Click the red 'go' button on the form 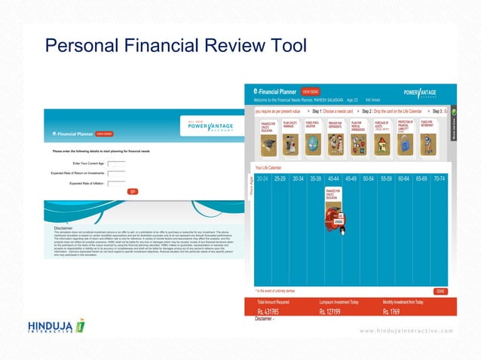(x=133, y=191)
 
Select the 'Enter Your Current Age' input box (x=116, y=163)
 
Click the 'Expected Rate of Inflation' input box (x=116, y=183)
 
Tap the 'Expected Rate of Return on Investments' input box (x=116, y=173)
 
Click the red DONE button (x=440, y=291)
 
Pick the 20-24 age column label (x=262, y=179)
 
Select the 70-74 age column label (x=439, y=179)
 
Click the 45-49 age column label (x=351, y=179)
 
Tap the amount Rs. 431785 (x=268, y=313)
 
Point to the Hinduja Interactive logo (x=57, y=330)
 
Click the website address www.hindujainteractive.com (x=407, y=331)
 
